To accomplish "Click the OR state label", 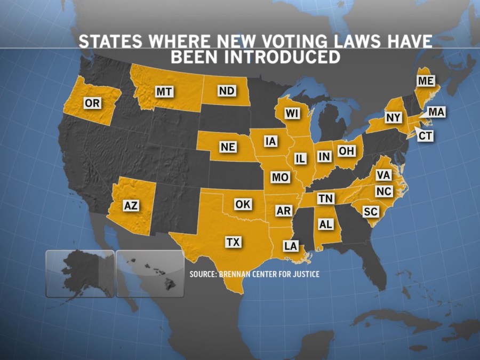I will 92,103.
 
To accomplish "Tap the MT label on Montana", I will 164,92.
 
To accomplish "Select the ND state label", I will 227,91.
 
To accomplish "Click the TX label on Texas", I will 233,242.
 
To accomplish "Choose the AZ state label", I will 131,205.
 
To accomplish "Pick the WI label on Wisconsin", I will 292,113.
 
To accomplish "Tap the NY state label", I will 393,117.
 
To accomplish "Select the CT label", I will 425,136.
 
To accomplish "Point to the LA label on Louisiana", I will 291,246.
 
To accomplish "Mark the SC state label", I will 371,212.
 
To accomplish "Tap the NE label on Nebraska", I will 228,147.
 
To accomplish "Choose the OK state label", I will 243,204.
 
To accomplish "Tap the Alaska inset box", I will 80,274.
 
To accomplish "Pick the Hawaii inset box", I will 150,274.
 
